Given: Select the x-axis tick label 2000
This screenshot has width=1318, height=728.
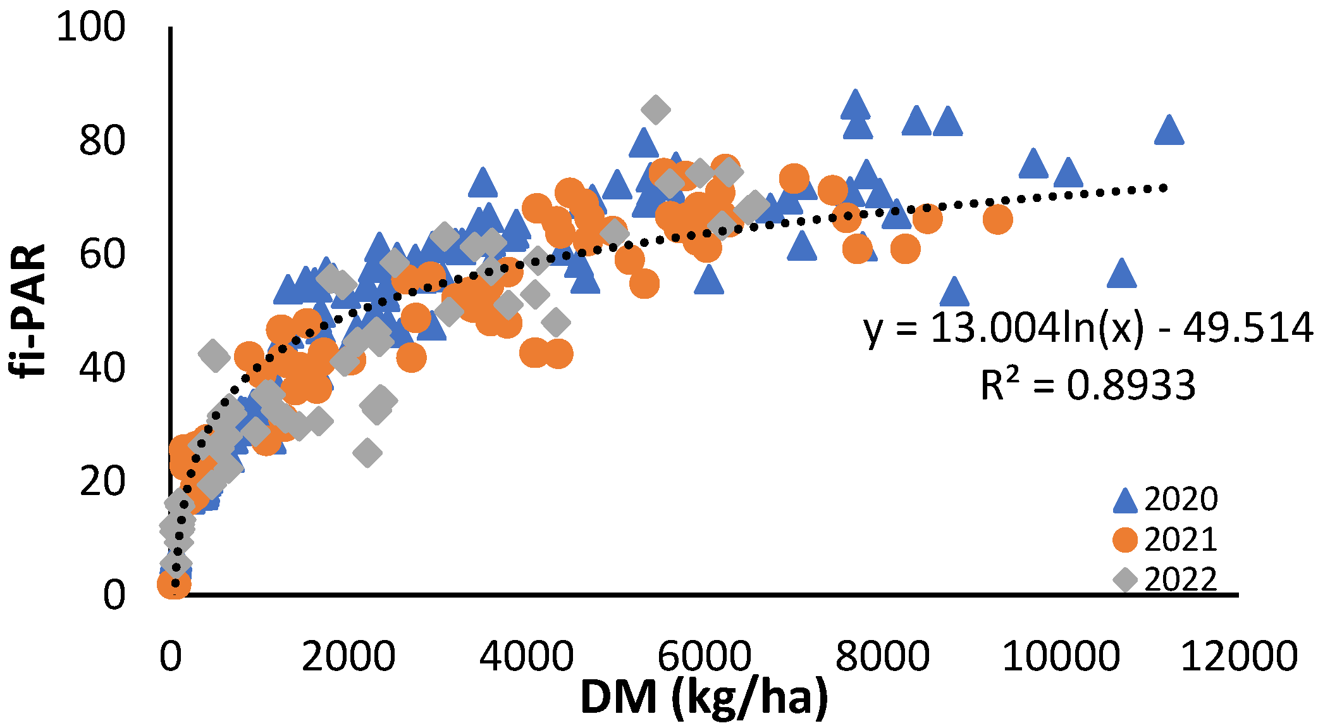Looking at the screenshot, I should click(x=348, y=656).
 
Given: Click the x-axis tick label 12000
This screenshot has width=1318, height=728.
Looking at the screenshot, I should click(x=1238, y=656).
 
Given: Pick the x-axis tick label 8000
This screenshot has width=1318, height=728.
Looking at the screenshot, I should click(x=883, y=656).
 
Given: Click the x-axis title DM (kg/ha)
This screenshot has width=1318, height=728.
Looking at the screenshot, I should click(x=703, y=698).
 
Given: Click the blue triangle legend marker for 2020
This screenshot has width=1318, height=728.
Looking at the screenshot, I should click(x=1125, y=501).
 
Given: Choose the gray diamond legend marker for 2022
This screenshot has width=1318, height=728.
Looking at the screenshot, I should click(x=1125, y=579).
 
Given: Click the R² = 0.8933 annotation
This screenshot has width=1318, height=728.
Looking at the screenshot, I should click(x=1088, y=385).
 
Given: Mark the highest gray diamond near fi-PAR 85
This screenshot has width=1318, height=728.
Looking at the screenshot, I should click(x=655, y=110).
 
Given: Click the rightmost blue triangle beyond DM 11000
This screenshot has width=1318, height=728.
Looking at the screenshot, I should click(x=1168, y=131).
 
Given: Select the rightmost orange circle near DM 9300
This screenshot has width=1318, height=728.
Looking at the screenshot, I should click(x=997, y=220).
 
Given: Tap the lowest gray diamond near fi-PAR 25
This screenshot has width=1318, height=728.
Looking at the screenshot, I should click(x=367, y=453).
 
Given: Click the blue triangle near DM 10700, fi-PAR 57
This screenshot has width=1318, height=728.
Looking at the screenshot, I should click(x=1122, y=274).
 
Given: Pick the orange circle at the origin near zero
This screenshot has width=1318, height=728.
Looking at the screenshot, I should click(x=174, y=584).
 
